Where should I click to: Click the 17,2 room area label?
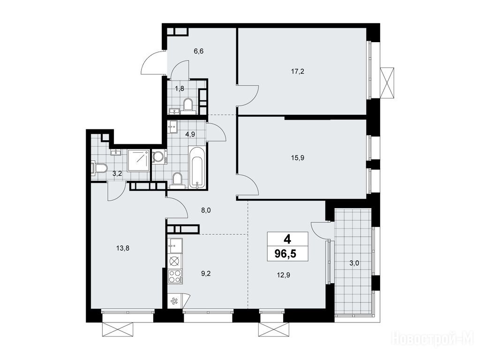point(297,72)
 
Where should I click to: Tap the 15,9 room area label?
point(297,158)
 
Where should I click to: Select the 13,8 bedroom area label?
point(123,248)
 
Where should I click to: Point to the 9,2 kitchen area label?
point(206,274)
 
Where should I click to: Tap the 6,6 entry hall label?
point(199,51)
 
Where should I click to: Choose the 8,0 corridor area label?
point(206,210)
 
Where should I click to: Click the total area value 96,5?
point(285,254)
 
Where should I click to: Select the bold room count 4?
point(287,239)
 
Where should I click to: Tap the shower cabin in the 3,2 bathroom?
point(139,160)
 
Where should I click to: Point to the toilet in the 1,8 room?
point(187,105)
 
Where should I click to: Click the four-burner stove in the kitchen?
point(175,277)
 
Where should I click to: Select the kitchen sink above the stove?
point(175,246)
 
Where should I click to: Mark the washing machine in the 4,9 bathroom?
point(159,157)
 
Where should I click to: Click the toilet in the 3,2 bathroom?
point(99,169)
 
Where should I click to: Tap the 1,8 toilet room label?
point(180,89)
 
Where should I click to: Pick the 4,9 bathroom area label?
point(190,134)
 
